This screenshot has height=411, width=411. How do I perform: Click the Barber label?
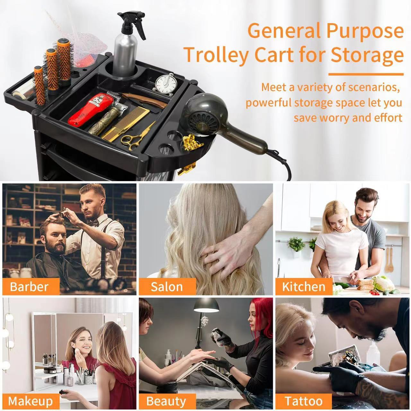(x=30, y=287)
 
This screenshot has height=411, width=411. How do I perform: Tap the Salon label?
(x=167, y=287)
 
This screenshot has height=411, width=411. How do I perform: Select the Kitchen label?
(x=303, y=287)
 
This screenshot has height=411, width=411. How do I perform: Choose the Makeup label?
(x=30, y=401)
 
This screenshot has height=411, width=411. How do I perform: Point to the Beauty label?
(x=166, y=401)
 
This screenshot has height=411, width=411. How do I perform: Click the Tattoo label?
(x=303, y=401)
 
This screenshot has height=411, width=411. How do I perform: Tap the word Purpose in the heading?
(x=365, y=31)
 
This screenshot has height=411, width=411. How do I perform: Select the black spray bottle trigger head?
(x=130, y=20)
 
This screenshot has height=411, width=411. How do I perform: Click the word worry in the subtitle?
(x=329, y=118)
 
